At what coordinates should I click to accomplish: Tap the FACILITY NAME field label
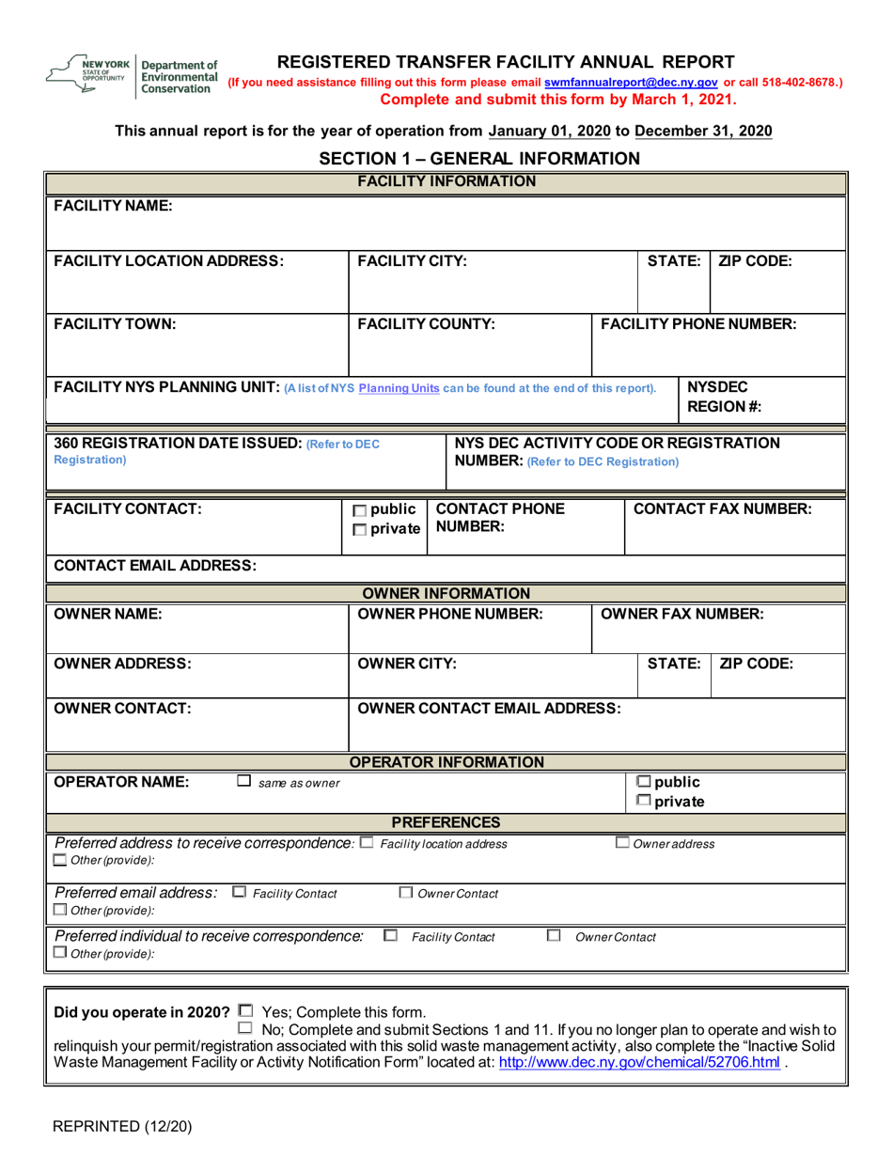tap(112, 205)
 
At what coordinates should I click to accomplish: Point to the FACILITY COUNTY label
tap(426, 324)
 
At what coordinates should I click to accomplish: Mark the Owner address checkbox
tap(622, 843)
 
